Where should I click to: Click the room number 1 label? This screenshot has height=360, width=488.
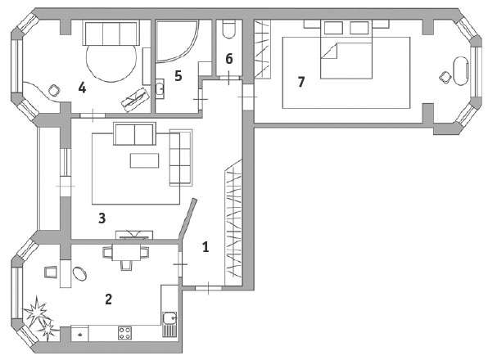pyautogui.click(x=205, y=247)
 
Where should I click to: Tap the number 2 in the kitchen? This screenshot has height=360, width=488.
pyautogui.click(x=108, y=299)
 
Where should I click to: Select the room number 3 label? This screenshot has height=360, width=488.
pyautogui.click(x=102, y=218)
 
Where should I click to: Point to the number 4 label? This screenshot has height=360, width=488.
pyautogui.click(x=82, y=88)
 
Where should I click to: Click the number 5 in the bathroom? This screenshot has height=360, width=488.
pyautogui.click(x=178, y=76)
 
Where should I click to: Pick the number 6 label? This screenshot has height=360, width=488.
pyautogui.click(x=229, y=59)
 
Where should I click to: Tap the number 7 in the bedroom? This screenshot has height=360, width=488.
pyautogui.click(x=301, y=82)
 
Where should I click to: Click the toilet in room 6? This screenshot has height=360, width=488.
pyautogui.click(x=229, y=29)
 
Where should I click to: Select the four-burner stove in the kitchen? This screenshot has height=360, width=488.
pyautogui.click(x=124, y=333)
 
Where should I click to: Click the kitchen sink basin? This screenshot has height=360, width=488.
pyautogui.click(x=169, y=318)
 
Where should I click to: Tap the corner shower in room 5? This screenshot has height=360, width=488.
pyautogui.click(x=177, y=40)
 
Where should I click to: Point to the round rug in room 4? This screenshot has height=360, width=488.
pyautogui.click(x=111, y=62)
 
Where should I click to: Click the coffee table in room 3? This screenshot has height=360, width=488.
pyautogui.click(x=144, y=160)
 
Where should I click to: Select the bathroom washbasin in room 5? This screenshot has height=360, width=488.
pyautogui.click(x=160, y=88)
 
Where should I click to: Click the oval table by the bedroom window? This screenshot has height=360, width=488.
pyautogui.click(x=460, y=70)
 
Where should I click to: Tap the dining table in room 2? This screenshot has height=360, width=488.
pyautogui.click(x=126, y=253)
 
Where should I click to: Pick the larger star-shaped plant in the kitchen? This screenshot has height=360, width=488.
pyautogui.click(x=35, y=311)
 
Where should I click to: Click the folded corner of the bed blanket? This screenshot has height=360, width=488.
pyautogui.click(x=329, y=51)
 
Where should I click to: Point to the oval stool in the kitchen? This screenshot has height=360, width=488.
pyautogui.click(x=79, y=274)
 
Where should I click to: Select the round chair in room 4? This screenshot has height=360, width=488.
pyautogui.click(x=54, y=91)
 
